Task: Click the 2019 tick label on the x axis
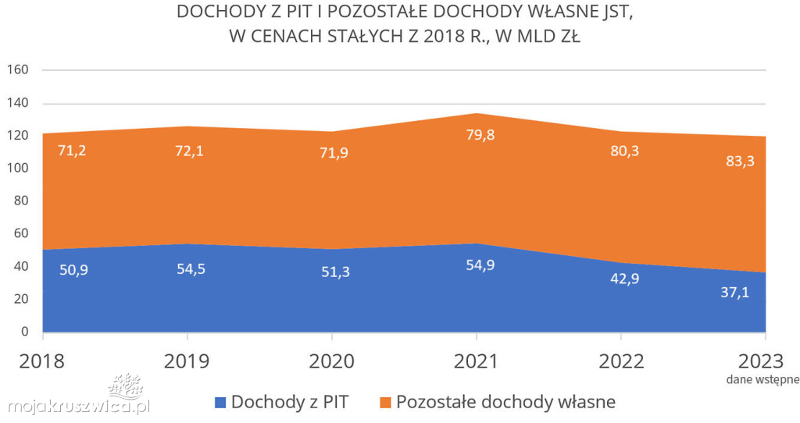(187, 361)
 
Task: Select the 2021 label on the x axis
(477, 361)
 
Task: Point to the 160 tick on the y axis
(17, 70)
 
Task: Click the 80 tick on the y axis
(20, 201)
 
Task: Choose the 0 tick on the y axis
(24, 332)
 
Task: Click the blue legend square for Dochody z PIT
(220, 403)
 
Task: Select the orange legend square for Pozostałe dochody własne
(385, 403)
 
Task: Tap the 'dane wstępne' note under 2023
(762, 380)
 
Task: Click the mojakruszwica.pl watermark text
(78, 406)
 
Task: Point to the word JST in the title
(612, 12)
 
